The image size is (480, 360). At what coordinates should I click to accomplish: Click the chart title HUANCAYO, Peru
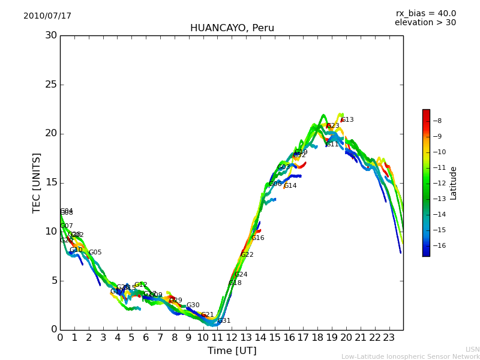pyautogui.click(x=232, y=28)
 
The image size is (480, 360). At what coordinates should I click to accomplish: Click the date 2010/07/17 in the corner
pyautogui.click(x=47, y=16)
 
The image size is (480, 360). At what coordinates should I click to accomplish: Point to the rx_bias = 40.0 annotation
pyautogui.click(x=425, y=14)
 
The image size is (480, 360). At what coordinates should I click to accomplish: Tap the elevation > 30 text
pyautogui.click(x=425, y=23)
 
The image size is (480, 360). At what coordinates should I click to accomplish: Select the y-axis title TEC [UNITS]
pyautogui.click(x=37, y=182)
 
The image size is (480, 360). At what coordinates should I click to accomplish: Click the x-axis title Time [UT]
pyautogui.click(x=232, y=351)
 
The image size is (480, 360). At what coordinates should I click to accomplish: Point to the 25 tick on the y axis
pyautogui.click(x=51, y=85)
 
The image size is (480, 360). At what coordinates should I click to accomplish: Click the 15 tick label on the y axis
pyautogui.click(x=51, y=182)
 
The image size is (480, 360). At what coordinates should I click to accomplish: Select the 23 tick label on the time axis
pyautogui.click(x=389, y=338)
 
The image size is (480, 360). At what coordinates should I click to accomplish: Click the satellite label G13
pyautogui.click(x=347, y=120)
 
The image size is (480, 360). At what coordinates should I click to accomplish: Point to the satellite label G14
pyautogui.click(x=290, y=186)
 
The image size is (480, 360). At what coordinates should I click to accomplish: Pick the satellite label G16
pyautogui.click(x=258, y=238)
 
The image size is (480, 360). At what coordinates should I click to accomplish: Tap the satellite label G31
pyautogui.click(x=224, y=321)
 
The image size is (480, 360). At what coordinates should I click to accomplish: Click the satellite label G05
pyautogui.click(x=95, y=253)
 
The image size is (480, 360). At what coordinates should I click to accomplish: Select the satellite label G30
pyautogui.click(x=193, y=305)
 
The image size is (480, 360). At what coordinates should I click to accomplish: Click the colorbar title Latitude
pyautogui.click(x=454, y=182)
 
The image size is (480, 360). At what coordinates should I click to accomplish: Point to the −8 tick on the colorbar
pyautogui.click(x=437, y=121)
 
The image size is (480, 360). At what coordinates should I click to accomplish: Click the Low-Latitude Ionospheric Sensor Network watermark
pyautogui.click(x=410, y=357)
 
